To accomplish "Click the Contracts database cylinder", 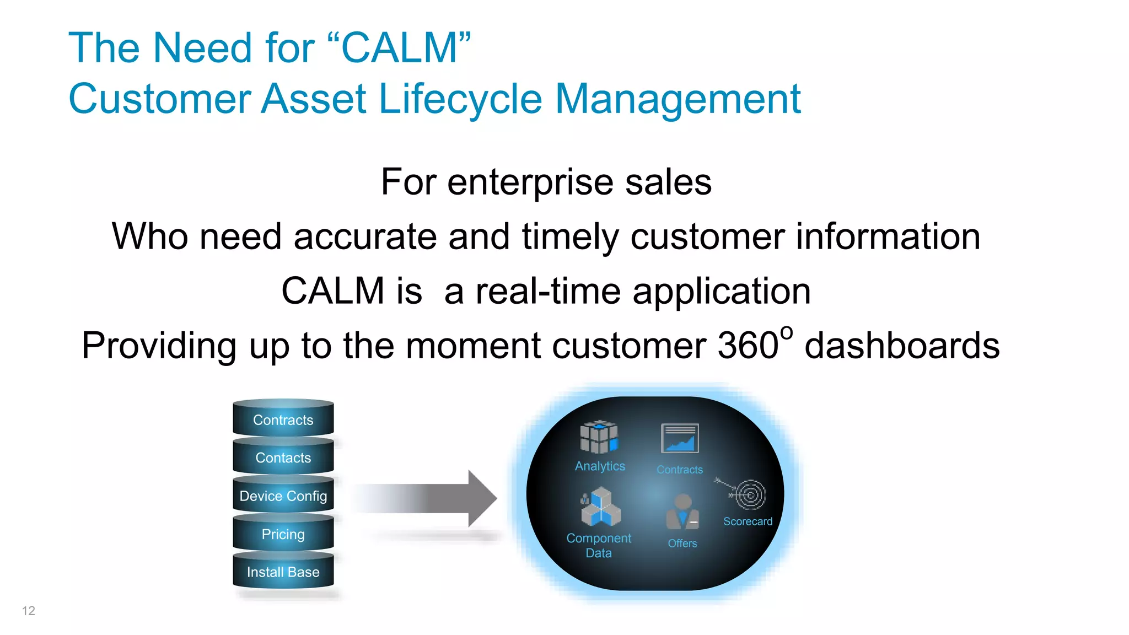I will pyautogui.click(x=283, y=419).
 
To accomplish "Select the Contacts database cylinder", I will pyautogui.click(x=283, y=457).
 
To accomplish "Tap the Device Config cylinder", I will pyautogui.click(x=283, y=495).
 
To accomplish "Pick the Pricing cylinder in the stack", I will pyautogui.click(x=283, y=533).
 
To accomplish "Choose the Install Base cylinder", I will pyautogui.click(x=283, y=571).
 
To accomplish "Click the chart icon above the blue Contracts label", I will pyautogui.click(x=680, y=439).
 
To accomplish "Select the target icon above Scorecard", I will pyautogui.click(x=749, y=494).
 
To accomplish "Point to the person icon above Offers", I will pyautogui.click(x=682, y=511).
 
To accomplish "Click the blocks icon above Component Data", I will pyautogui.click(x=600, y=507).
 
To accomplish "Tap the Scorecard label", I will pyautogui.click(x=748, y=521).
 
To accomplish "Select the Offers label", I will pyautogui.click(x=682, y=543).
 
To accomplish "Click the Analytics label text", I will pyautogui.click(x=600, y=466).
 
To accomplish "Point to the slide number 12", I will pyautogui.click(x=29, y=611).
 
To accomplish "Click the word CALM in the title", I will pyautogui.click(x=400, y=49).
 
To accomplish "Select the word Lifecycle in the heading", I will pyautogui.click(x=461, y=99).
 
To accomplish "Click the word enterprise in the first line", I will pyautogui.click(x=530, y=182).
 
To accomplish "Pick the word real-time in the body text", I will pyautogui.click(x=548, y=291).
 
